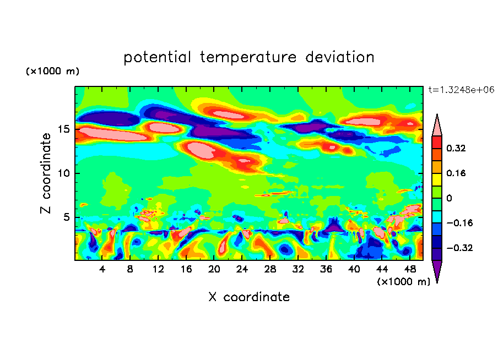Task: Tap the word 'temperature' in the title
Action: click(x=247, y=57)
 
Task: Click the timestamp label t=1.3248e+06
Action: click(x=461, y=90)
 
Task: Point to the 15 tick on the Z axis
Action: click(x=65, y=129)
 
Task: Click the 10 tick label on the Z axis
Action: click(x=65, y=173)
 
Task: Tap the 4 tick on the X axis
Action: click(x=102, y=269)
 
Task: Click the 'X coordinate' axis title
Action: click(x=249, y=297)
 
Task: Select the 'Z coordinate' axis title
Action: click(x=46, y=173)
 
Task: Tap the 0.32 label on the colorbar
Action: click(x=457, y=148)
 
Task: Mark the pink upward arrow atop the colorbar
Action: click(x=436, y=125)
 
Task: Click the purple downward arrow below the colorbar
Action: click(x=436, y=271)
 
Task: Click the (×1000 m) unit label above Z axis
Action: click(x=52, y=72)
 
